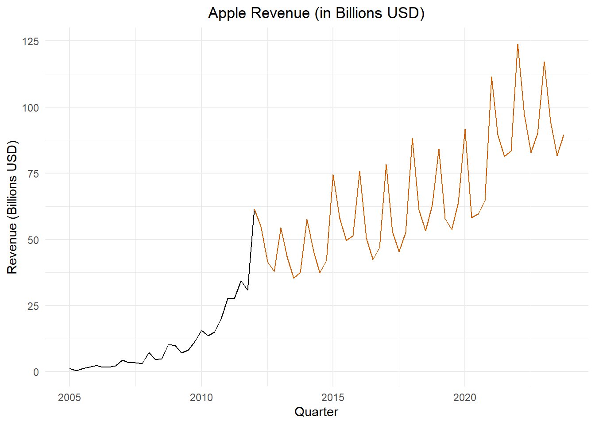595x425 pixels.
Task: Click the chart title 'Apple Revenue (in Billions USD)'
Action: [316, 13]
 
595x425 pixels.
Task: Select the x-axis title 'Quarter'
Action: [316, 412]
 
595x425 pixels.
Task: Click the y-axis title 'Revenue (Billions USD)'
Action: [12, 207]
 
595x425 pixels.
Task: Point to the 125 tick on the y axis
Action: [31, 41]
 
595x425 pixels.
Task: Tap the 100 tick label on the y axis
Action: [31, 108]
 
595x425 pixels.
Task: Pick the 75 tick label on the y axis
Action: [33, 174]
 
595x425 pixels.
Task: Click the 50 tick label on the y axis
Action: [33, 240]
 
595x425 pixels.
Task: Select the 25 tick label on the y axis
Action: [33, 306]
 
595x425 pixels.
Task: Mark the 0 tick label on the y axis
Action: [36, 372]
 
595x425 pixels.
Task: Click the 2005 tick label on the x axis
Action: [70, 398]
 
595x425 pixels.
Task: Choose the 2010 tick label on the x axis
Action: [201, 398]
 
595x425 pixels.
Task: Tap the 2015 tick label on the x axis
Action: [333, 398]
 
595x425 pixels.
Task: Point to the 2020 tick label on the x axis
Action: [465, 398]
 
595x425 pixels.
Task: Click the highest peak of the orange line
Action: [518, 44]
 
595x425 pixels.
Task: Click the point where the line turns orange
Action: [254, 209]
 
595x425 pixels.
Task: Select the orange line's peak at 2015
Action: [333, 175]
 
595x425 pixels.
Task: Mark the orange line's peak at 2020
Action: [465, 129]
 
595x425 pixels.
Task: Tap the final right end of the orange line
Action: [564, 135]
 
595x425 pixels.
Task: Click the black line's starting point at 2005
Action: [70, 368]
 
